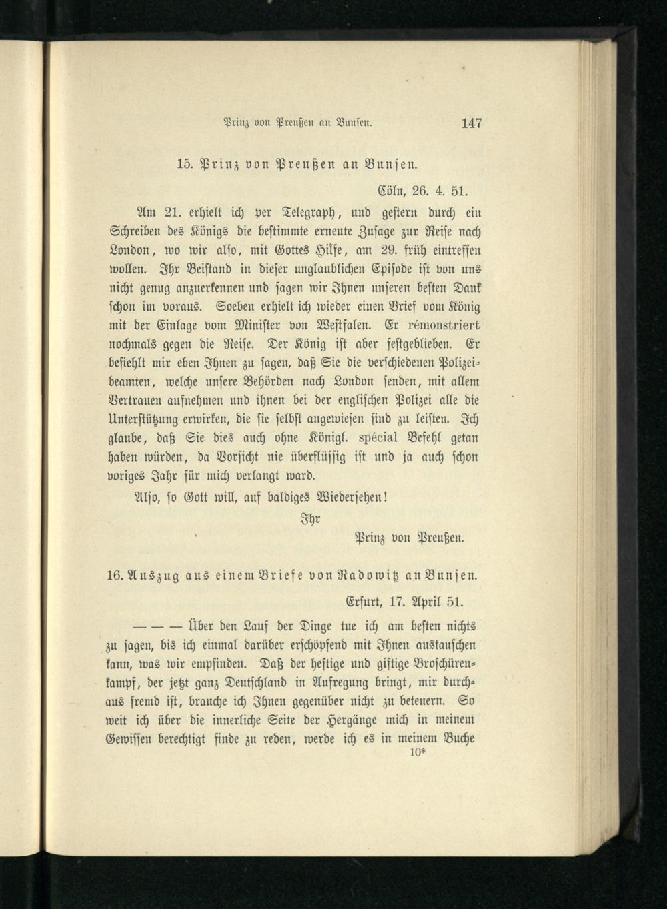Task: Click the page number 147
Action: (471, 123)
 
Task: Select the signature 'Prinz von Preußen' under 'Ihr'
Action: (408, 538)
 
